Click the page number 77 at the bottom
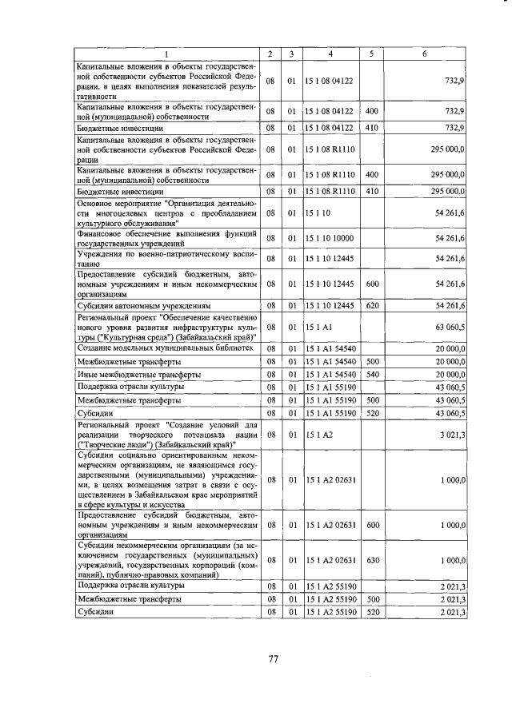[273, 659]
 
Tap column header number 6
[424, 54]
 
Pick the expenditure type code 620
[370, 306]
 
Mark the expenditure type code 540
[370, 374]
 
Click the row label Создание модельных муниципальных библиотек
[165, 348]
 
